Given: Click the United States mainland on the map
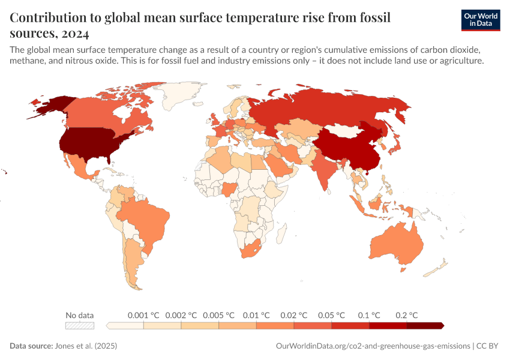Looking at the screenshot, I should click(x=90, y=144).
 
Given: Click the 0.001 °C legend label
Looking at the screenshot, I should click(x=143, y=315).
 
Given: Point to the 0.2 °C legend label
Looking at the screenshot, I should click(x=406, y=315).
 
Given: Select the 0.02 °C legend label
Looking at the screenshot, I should click(x=294, y=315).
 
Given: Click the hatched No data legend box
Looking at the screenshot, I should click(x=80, y=325).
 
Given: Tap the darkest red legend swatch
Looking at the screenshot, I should click(x=424, y=325).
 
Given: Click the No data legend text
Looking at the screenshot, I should click(x=80, y=315).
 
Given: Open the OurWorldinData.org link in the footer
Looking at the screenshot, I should click(x=372, y=346).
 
